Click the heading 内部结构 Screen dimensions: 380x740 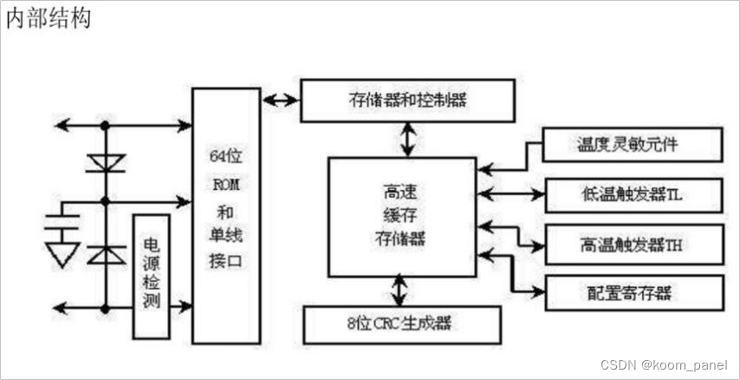tap(48, 19)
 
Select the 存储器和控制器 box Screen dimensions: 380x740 tap(406, 100)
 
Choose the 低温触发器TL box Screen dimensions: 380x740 tap(633, 193)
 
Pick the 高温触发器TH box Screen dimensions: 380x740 tap(633, 245)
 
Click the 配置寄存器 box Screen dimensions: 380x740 tap(633, 292)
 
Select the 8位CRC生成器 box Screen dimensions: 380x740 tap(402, 324)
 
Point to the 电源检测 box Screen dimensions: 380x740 tap(150, 275)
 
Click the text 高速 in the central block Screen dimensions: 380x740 tap(401, 193)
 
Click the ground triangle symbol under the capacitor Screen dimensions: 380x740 tap(62, 253)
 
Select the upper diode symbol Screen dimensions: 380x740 tap(105, 163)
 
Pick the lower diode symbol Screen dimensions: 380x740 tap(105, 253)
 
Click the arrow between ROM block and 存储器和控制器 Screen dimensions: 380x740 tap(280, 99)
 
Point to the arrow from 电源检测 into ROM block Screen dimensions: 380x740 tap(179, 305)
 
